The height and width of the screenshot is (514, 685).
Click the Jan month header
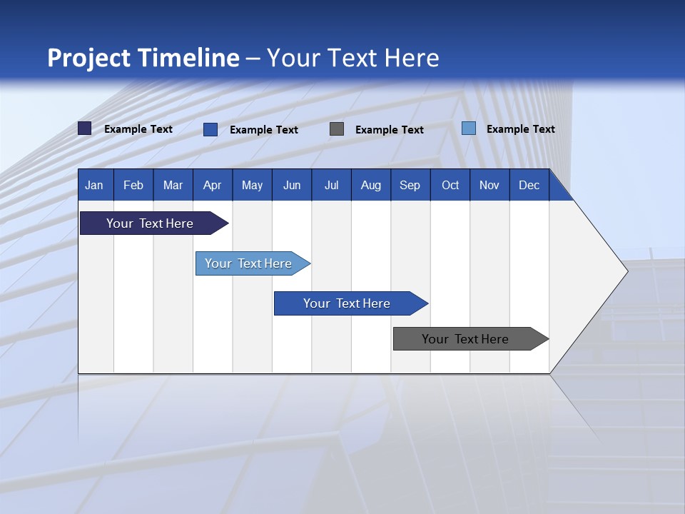[95, 185]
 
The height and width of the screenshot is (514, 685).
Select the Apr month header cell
[213, 185]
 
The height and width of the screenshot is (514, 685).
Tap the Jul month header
[331, 185]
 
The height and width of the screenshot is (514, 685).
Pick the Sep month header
[410, 185]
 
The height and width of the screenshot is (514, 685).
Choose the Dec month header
[529, 185]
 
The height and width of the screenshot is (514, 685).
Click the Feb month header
[133, 185]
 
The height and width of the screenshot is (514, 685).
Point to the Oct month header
[450, 185]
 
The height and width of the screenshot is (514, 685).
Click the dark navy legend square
[85, 128]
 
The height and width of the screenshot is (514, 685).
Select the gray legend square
[337, 129]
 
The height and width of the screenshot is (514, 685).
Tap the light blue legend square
[469, 128]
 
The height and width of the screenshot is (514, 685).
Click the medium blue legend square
[210, 129]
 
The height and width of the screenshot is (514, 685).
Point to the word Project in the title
[88, 58]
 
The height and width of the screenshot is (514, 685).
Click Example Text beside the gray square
[390, 130]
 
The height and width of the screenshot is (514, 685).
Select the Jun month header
[292, 185]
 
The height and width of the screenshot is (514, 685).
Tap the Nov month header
[489, 185]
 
